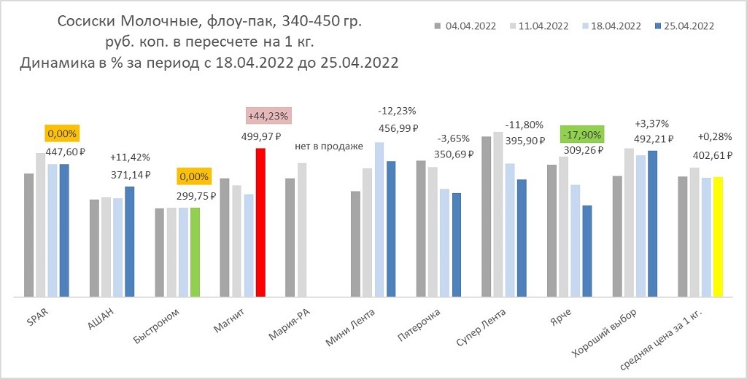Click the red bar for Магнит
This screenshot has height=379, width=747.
[x=260, y=222]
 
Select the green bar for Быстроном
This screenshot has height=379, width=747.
[x=195, y=252]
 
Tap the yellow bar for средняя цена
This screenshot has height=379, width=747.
[x=717, y=237]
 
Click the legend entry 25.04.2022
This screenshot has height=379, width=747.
[x=684, y=26]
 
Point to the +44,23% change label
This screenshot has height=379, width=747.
[x=268, y=116]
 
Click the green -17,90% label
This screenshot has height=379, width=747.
[x=581, y=135]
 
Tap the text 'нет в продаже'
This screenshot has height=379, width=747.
[x=329, y=146]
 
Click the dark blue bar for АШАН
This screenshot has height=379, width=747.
[x=129, y=241]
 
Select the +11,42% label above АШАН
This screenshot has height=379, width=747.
[x=128, y=157]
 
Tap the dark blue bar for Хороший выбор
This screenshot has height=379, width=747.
[x=652, y=224]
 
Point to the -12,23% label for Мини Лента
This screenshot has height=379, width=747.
[x=398, y=111]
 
